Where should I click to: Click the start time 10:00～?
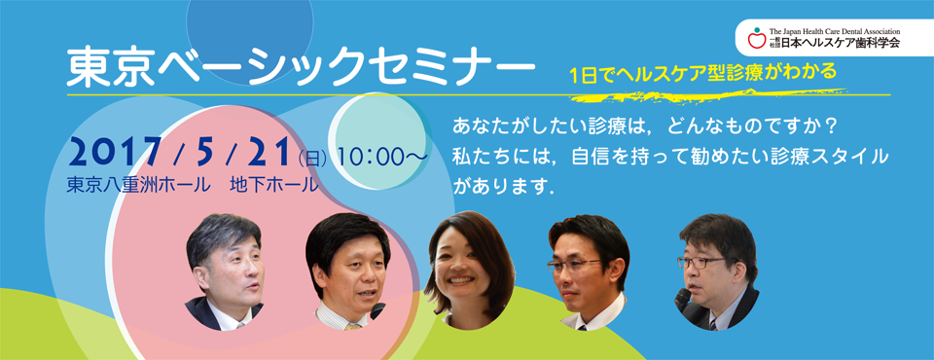380,157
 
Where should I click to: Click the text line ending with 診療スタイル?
671,157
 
